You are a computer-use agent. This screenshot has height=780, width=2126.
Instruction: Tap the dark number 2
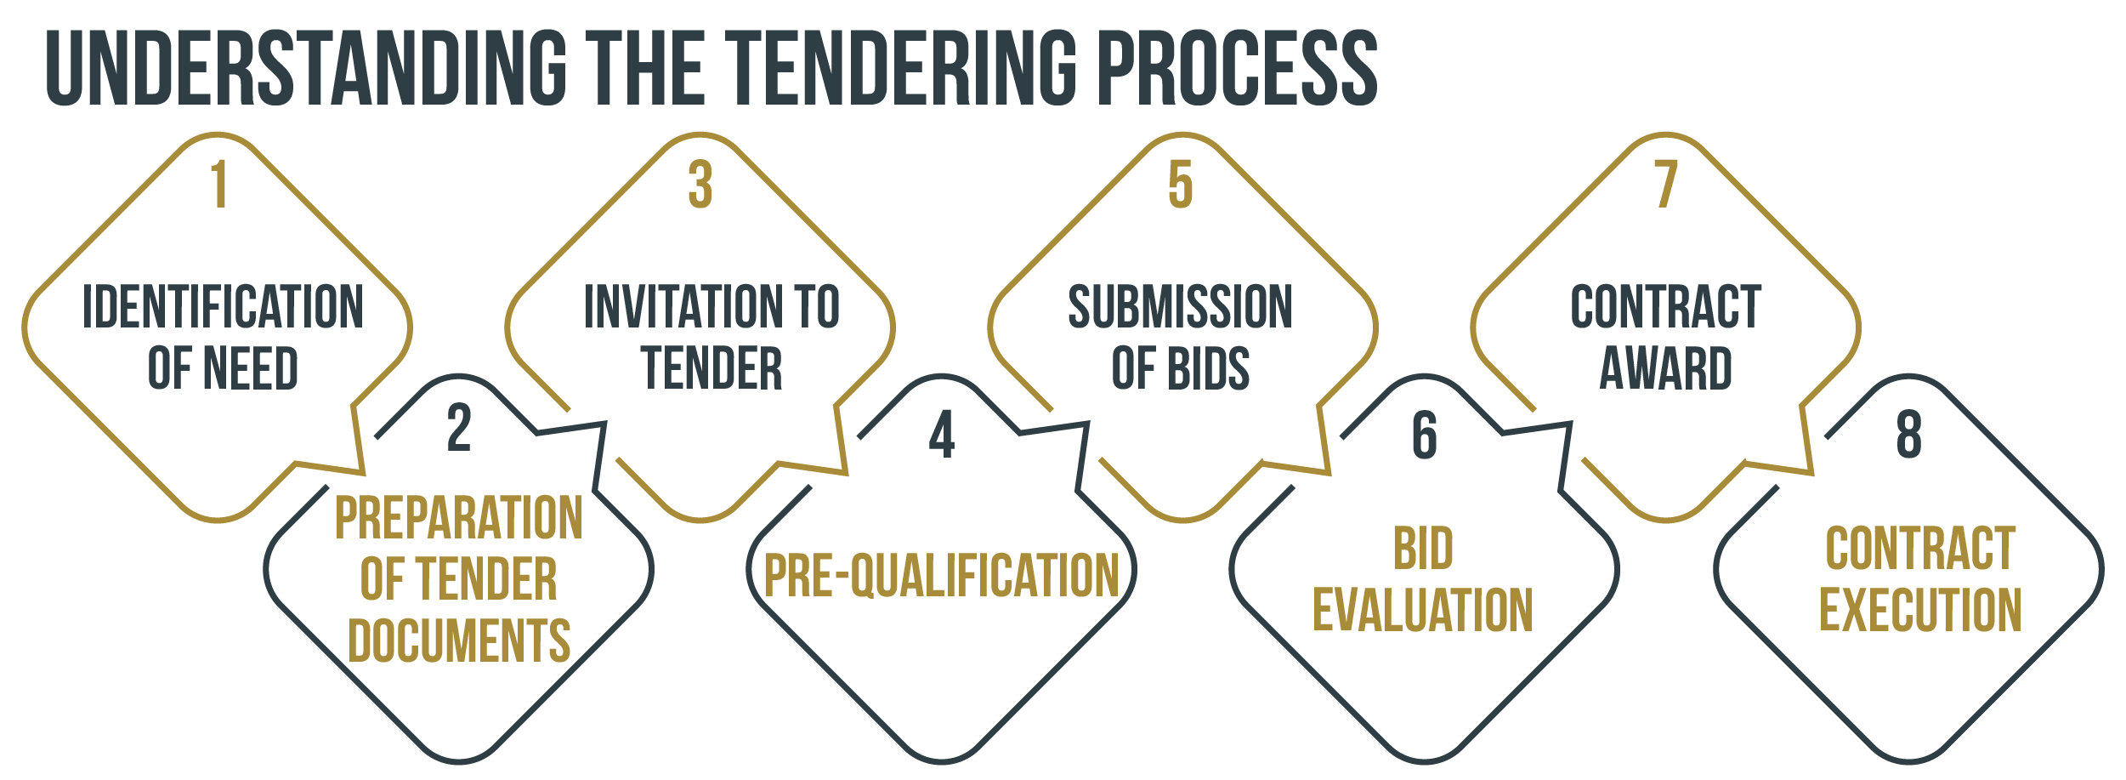tap(459, 429)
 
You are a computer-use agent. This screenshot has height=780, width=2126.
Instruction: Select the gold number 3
tap(700, 184)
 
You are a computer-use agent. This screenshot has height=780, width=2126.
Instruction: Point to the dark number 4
tap(942, 435)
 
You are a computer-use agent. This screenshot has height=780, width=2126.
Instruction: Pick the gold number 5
tap(1181, 184)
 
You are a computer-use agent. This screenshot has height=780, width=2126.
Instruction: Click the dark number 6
tap(1425, 435)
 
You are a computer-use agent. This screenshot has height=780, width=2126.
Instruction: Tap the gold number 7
tap(1666, 184)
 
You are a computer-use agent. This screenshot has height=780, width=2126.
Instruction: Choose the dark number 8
tap(1909, 435)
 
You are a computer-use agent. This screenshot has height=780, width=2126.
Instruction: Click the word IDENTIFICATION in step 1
tap(223, 307)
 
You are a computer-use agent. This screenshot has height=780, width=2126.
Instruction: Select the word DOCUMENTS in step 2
tap(459, 641)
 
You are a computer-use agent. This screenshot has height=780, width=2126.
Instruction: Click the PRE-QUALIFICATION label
tap(942, 575)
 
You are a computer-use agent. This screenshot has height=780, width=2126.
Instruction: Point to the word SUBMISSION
tap(1180, 307)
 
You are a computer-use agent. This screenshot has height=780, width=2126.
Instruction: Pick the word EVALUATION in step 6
tap(1423, 610)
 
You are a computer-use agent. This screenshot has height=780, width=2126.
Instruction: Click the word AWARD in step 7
tap(1666, 368)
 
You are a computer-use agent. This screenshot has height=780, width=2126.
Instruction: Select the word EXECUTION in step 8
tap(1920, 610)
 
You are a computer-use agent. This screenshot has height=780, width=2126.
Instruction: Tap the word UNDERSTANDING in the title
tap(306, 68)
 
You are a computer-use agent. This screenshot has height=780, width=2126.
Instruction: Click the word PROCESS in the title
tap(1237, 68)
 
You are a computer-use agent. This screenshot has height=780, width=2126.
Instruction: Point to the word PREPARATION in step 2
tap(459, 517)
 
